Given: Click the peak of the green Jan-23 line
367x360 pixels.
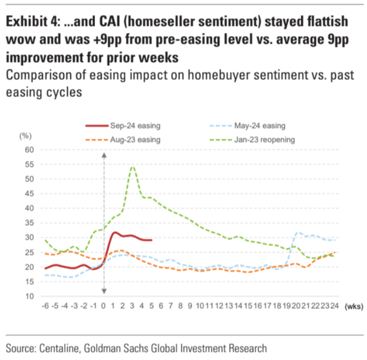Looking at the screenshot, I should tap(132, 167).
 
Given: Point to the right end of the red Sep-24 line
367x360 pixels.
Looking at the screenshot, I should tap(152, 240).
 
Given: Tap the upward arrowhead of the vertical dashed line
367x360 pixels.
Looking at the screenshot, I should tap(103, 154).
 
